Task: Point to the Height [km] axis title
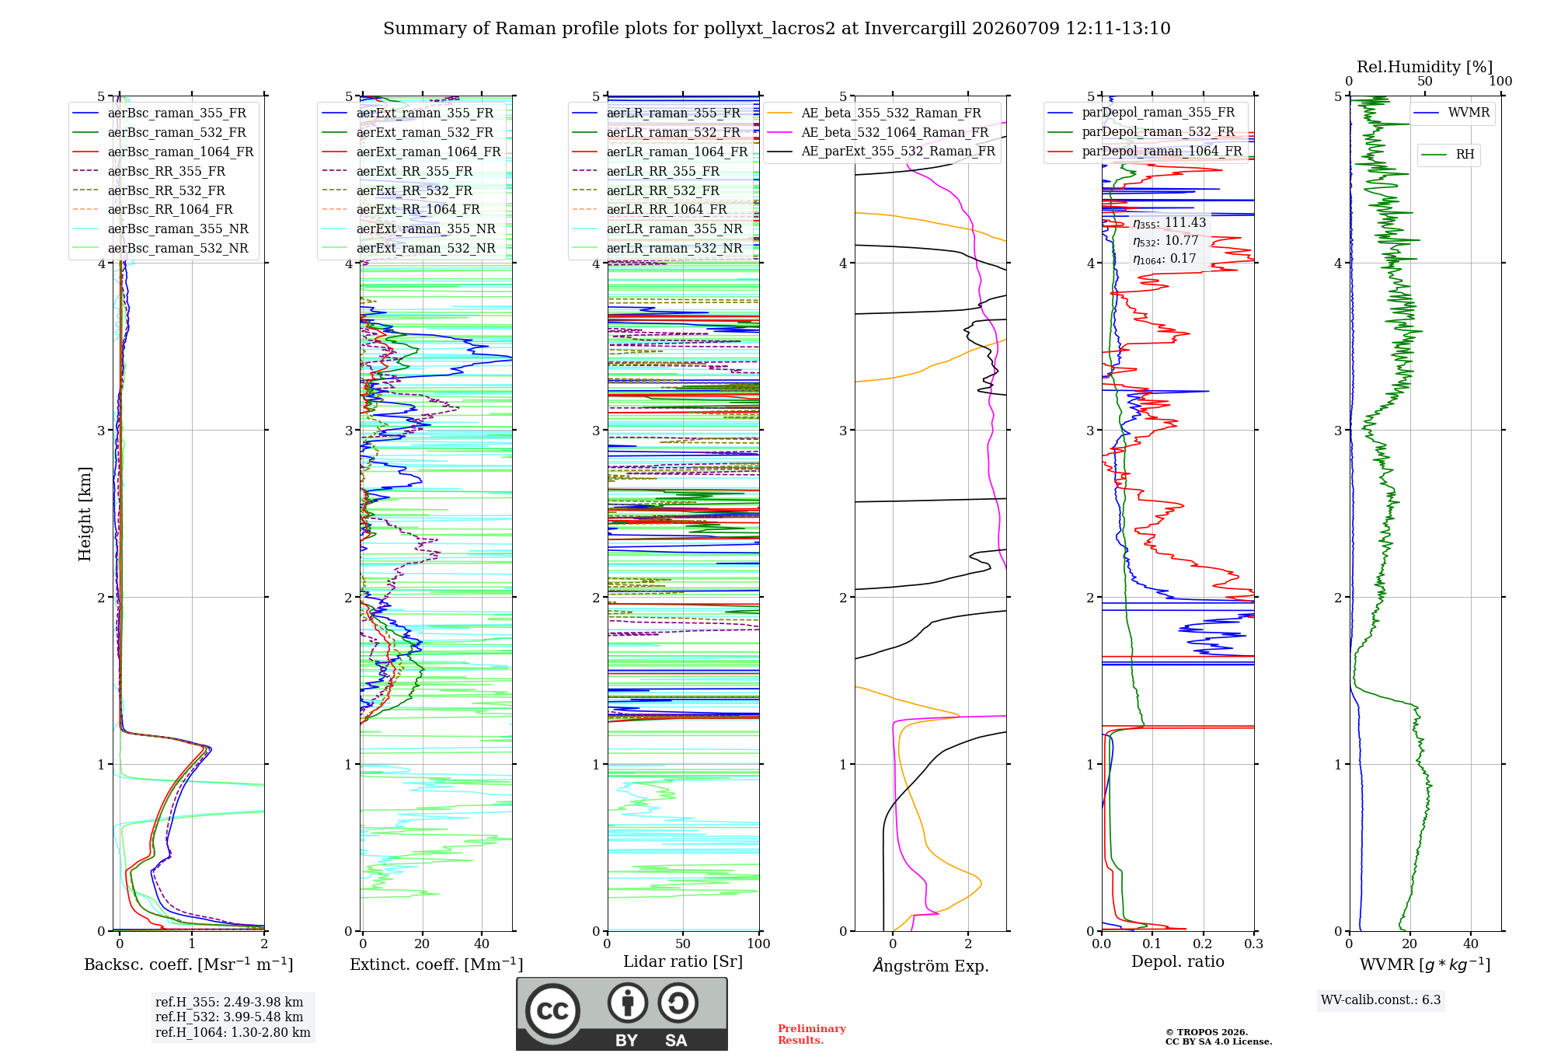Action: tap(85, 514)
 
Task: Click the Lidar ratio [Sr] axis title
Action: tap(683, 961)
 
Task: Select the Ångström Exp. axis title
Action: tap(931, 965)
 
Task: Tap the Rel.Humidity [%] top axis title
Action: tap(1424, 67)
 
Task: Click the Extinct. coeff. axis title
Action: tap(436, 965)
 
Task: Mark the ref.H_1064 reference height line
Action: tap(233, 1032)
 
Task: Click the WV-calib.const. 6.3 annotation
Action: tap(1381, 999)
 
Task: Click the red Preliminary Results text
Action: tap(812, 1034)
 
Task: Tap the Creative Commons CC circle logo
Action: tap(552, 1010)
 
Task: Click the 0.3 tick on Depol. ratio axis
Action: tap(1254, 944)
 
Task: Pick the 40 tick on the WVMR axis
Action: tap(1471, 944)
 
